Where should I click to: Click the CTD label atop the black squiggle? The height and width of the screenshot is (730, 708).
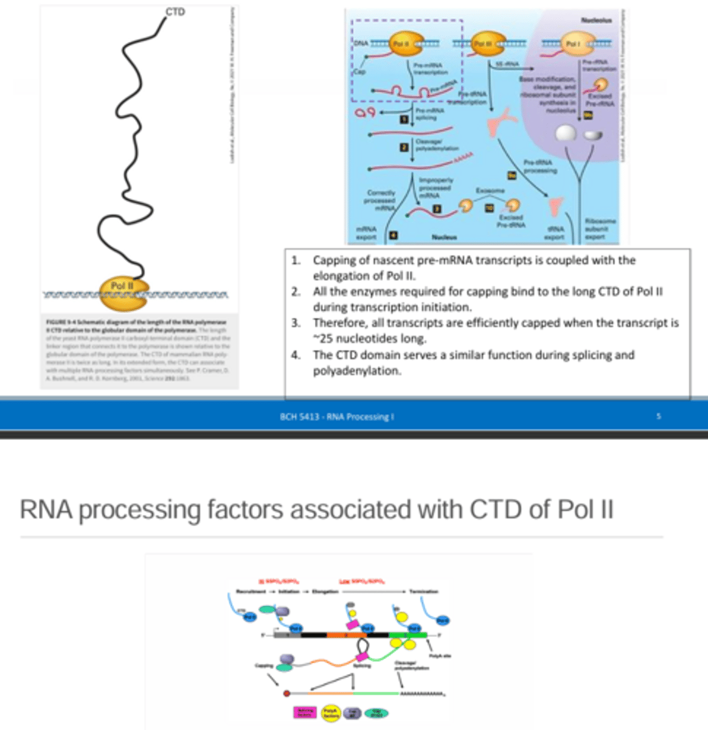tap(175, 12)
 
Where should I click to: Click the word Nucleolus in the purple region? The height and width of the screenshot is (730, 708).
tap(595, 20)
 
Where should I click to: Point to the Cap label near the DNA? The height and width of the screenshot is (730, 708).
tap(359, 72)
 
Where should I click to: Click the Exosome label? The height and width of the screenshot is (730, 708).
tap(490, 190)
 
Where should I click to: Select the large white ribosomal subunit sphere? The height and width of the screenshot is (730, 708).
tap(566, 132)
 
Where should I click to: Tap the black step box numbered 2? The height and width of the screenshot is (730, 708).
tap(404, 147)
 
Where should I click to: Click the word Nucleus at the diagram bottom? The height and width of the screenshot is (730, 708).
tap(444, 237)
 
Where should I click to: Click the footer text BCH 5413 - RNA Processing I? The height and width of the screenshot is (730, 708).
tap(336, 417)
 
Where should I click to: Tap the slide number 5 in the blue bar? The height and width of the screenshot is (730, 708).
tap(659, 416)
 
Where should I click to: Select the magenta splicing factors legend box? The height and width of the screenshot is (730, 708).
tap(305, 712)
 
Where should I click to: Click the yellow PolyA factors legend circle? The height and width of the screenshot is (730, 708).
tap(330, 712)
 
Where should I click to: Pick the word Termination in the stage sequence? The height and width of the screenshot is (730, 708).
tap(423, 591)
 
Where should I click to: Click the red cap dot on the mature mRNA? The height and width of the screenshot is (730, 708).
tap(286, 693)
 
